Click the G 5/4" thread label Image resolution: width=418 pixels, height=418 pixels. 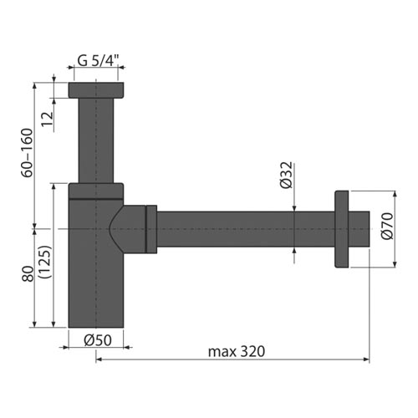pyautogui.click(x=98, y=60)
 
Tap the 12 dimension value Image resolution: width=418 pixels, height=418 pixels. pyautogui.click(x=48, y=120)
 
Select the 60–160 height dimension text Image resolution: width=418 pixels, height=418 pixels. pyautogui.click(x=28, y=153)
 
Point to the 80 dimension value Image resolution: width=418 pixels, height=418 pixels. pyautogui.click(x=28, y=274)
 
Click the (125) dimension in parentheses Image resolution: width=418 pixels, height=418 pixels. pyautogui.click(x=45, y=262)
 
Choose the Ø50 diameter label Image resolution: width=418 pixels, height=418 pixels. pyautogui.click(x=98, y=340)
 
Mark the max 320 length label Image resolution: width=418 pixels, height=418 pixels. pyautogui.click(x=237, y=351)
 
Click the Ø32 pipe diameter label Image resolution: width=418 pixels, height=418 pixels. pyautogui.click(x=287, y=176)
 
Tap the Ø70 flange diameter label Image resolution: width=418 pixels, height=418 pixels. pyautogui.click(x=387, y=226)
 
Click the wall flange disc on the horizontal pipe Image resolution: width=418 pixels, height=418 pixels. pyautogui.click(x=342, y=229)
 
